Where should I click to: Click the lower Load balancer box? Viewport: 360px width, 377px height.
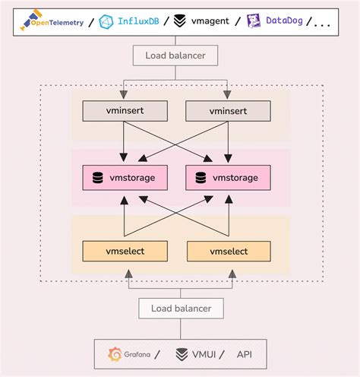[180, 308]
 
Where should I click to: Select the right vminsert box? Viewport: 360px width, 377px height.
[226, 111]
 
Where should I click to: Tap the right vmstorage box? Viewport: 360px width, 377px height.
[226, 178]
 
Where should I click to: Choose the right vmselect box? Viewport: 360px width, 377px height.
[226, 251]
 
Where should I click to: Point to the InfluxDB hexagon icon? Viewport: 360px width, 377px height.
[107, 21]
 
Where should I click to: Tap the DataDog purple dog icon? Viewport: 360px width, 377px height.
[253, 21]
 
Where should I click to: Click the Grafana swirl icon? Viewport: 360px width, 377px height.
[116, 353]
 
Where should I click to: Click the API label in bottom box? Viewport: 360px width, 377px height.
[245, 353]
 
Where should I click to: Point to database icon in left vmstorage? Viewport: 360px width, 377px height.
[98, 178]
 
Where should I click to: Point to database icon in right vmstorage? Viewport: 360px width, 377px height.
[200, 178]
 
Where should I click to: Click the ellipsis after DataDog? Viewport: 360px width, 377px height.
[322, 23]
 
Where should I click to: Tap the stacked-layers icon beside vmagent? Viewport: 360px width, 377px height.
[179, 21]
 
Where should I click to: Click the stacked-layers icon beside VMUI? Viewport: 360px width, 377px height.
[182, 353]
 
